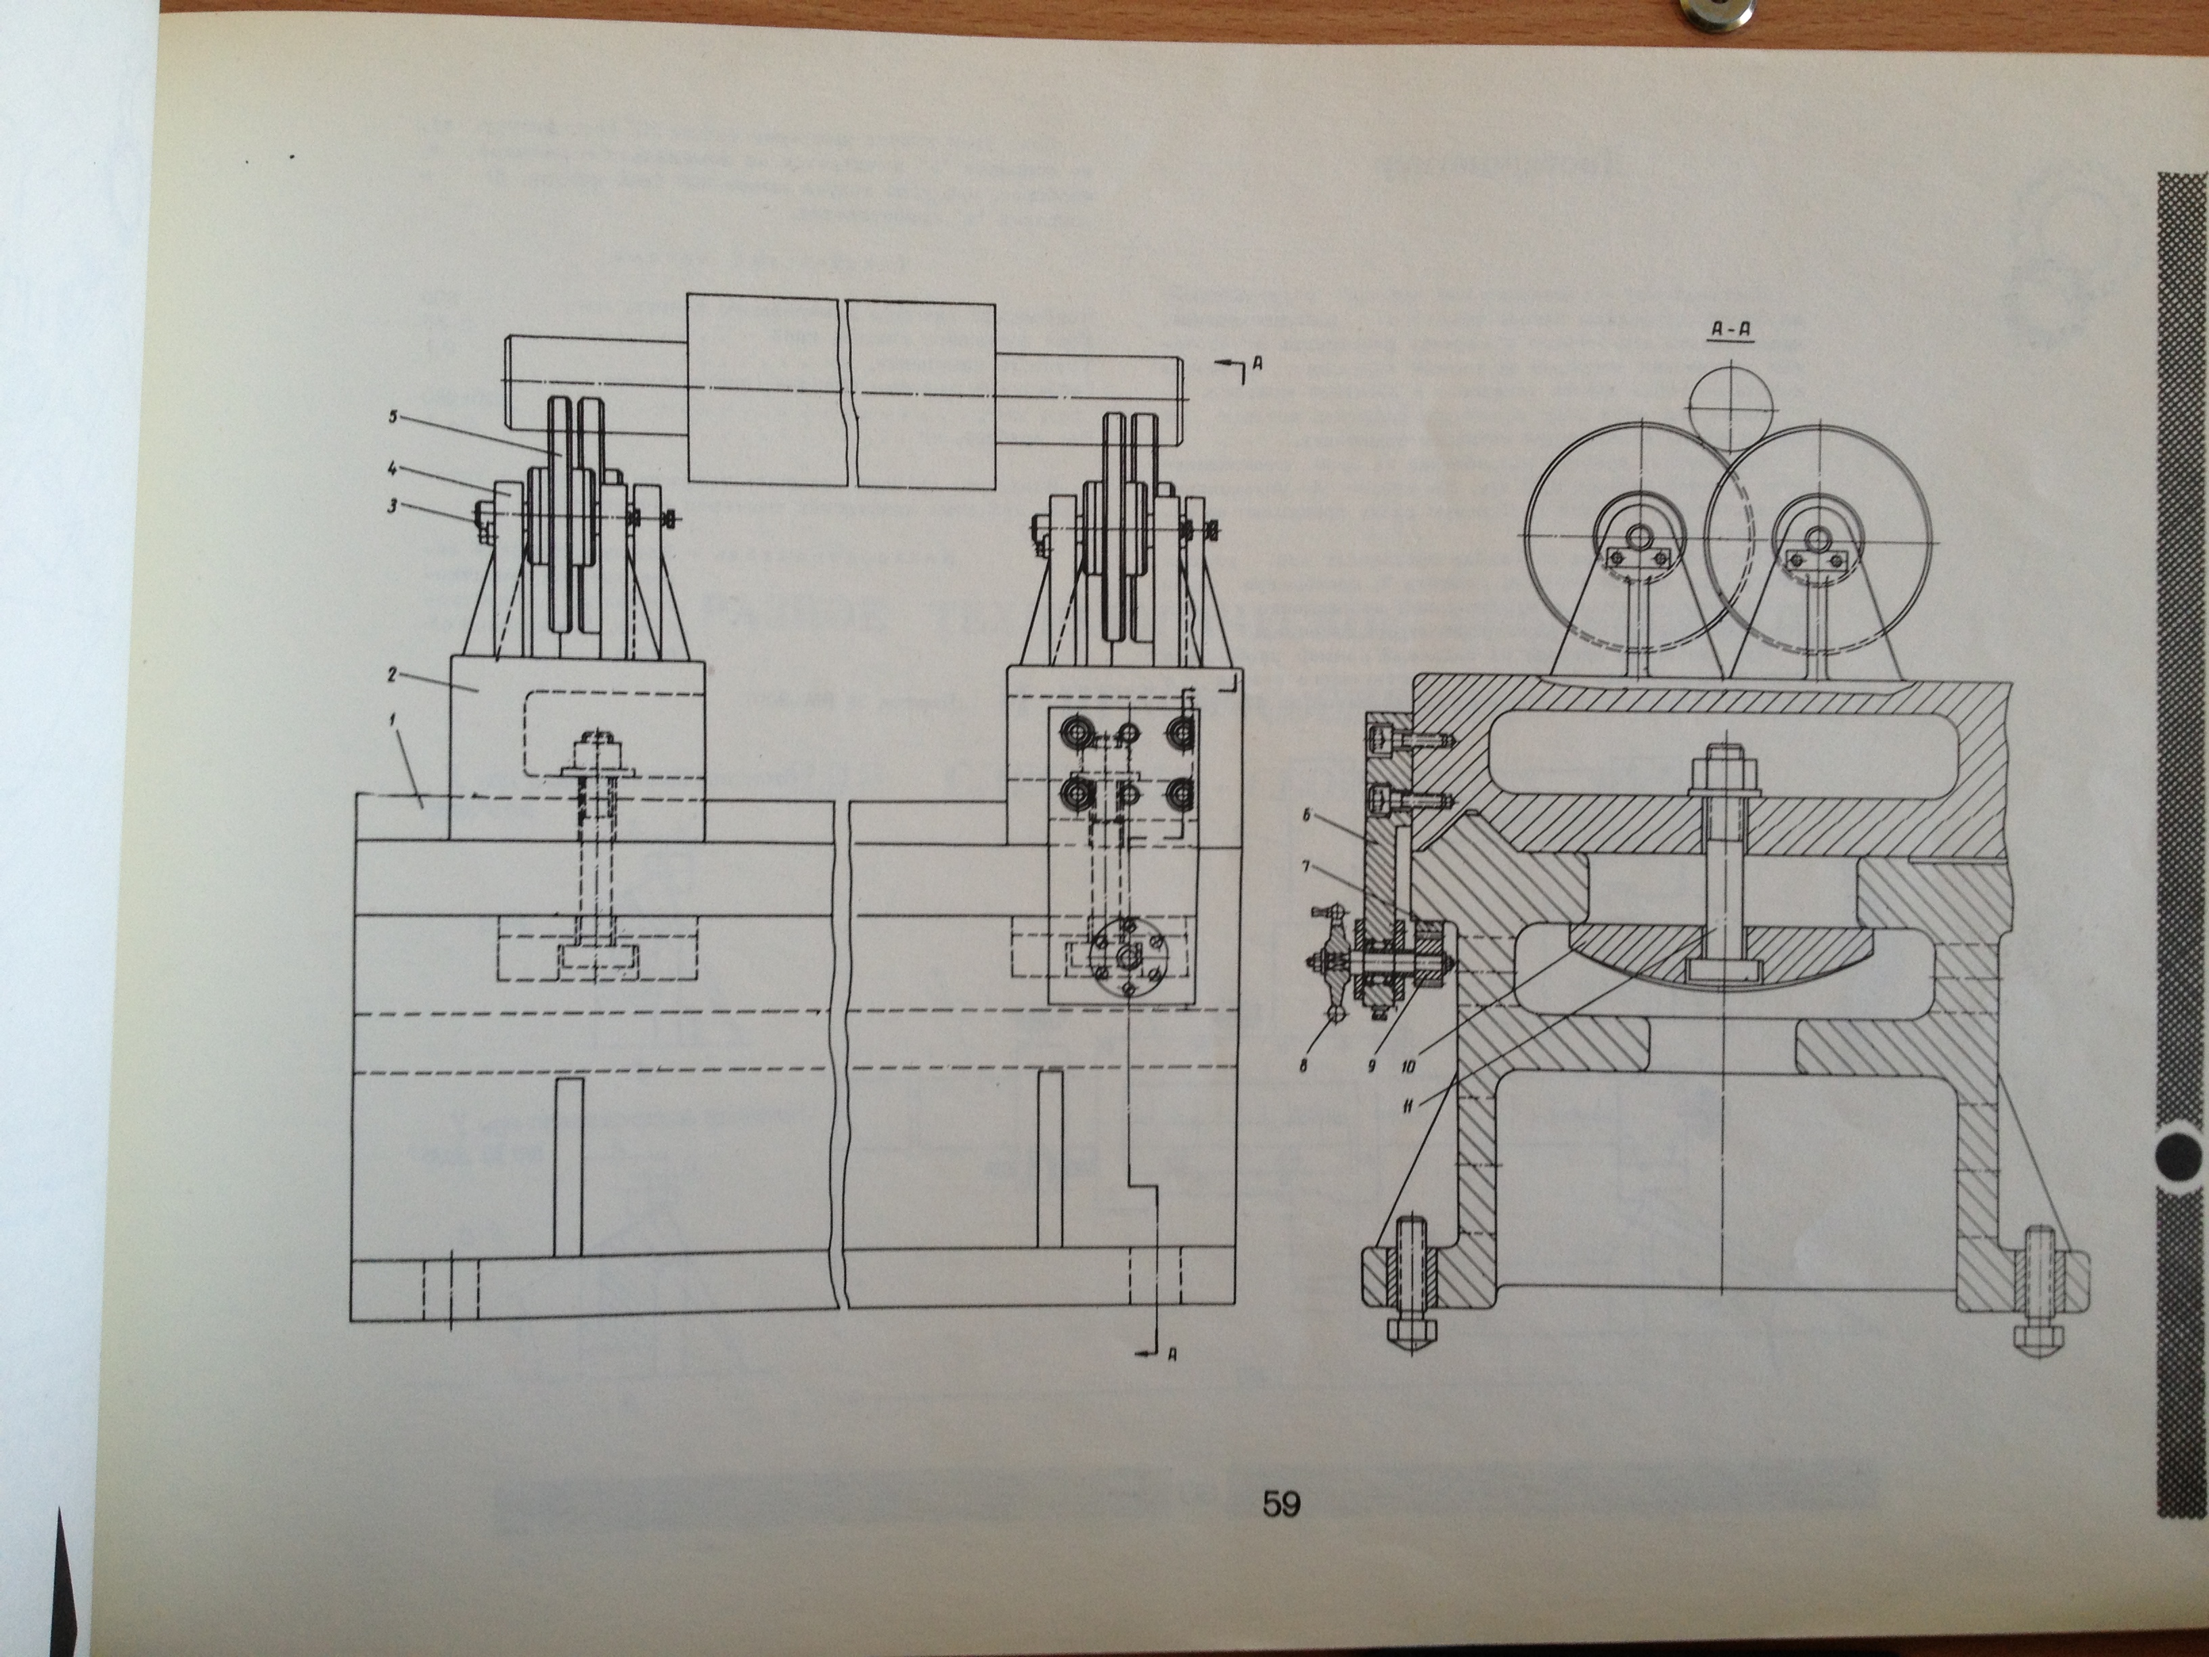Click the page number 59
[x=1281, y=1531]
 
